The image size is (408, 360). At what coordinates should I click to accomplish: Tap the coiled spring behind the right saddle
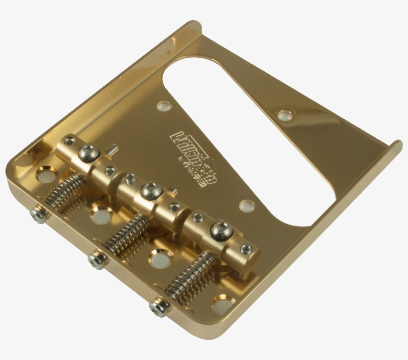click(189, 276)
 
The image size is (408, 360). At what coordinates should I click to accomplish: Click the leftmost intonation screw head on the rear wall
click(38, 215)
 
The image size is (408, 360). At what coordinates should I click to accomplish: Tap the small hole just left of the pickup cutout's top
click(162, 106)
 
